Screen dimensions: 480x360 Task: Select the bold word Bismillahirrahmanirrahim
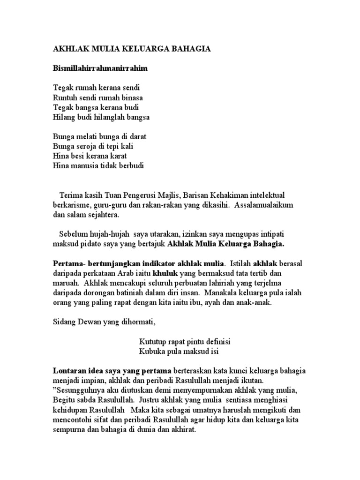(100, 68)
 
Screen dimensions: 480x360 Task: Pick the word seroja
(86, 146)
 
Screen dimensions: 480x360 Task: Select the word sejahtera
(104, 215)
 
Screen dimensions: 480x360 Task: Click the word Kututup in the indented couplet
(153, 341)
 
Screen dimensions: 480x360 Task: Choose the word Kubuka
(152, 351)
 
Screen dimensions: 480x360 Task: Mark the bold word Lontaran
(68, 371)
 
